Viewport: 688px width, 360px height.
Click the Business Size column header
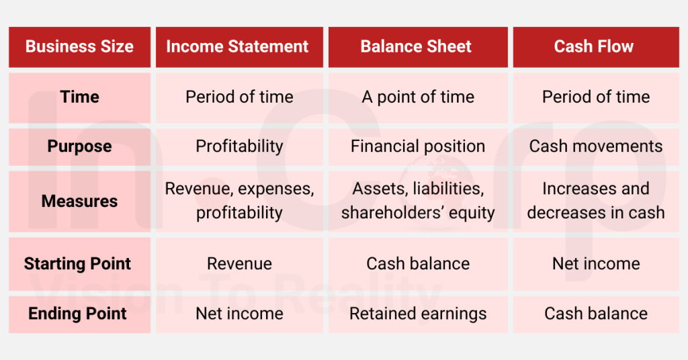pos(79,47)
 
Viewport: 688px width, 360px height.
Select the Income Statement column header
pos(238,47)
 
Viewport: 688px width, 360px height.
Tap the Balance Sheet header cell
pos(416,47)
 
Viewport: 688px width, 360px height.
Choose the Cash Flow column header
pos(594,47)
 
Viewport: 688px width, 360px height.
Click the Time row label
pos(79,97)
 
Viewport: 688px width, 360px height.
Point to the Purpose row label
pos(79,146)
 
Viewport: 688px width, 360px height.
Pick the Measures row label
pos(79,201)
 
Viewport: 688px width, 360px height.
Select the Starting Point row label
pos(78,263)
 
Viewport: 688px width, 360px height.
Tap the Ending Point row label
pos(78,314)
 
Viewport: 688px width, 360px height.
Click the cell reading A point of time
pos(418,97)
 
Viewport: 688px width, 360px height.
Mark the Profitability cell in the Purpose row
pos(239,146)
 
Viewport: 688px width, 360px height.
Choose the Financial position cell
pos(418,146)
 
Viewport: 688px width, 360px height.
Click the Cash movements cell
pos(596,146)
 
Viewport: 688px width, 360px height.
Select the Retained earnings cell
pos(418,314)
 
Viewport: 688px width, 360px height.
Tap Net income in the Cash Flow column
pos(596,263)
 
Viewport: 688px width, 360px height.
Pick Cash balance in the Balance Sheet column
pos(418,263)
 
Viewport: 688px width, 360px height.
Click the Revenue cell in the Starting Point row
pos(239,263)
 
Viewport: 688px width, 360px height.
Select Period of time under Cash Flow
pos(596,97)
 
